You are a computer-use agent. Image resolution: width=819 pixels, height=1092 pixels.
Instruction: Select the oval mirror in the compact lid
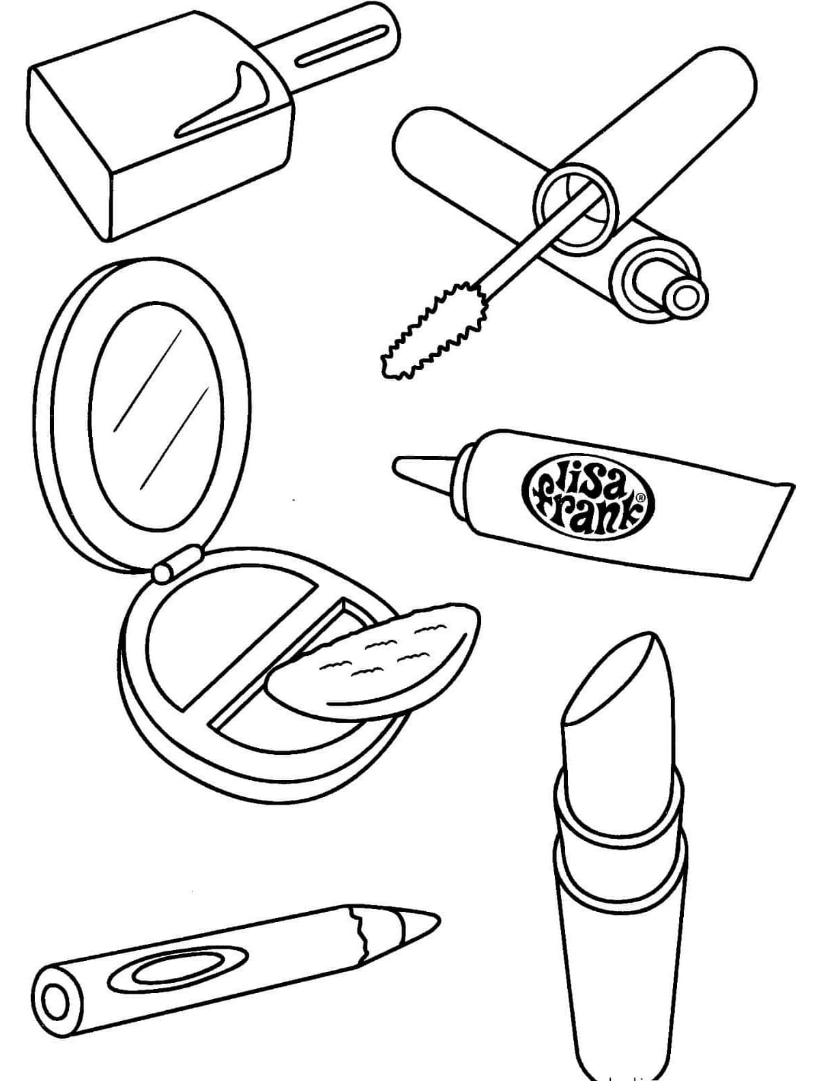pos(158,423)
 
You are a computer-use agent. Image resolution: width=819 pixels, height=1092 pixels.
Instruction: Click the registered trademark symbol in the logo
pos(639,498)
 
